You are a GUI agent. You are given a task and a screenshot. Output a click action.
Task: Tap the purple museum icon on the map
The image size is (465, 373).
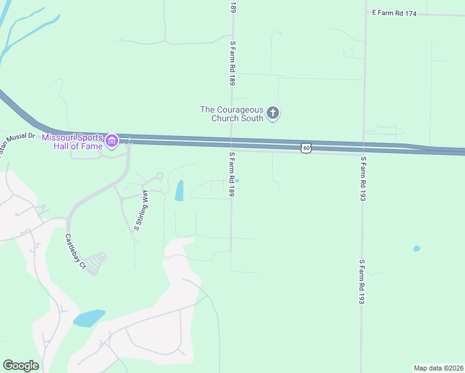(x=112, y=141)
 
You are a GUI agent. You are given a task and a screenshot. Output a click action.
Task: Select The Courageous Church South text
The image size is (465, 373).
(x=232, y=114)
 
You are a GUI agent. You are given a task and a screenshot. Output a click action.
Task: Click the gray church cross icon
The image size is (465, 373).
(x=272, y=113)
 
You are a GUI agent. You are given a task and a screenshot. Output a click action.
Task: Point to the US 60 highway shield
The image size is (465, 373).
(x=305, y=147)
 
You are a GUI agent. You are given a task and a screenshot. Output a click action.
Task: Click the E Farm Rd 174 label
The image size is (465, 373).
(x=394, y=12)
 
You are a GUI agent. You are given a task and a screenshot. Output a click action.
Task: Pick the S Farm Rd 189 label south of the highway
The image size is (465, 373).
(x=231, y=175)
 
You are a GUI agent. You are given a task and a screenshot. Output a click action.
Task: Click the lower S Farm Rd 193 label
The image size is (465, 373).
(x=361, y=282)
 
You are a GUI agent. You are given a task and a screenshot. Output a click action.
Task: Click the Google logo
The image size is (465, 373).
(x=21, y=366)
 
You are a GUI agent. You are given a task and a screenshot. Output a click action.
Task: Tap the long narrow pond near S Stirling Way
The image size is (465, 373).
(x=179, y=190)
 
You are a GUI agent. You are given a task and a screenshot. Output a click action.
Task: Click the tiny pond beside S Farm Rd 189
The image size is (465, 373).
(x=237, y=182)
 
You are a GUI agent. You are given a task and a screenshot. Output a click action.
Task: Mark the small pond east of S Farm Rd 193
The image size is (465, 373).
(x=417, y=249)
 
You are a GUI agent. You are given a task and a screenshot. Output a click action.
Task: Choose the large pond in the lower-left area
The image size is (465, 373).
(x=89, y=318)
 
